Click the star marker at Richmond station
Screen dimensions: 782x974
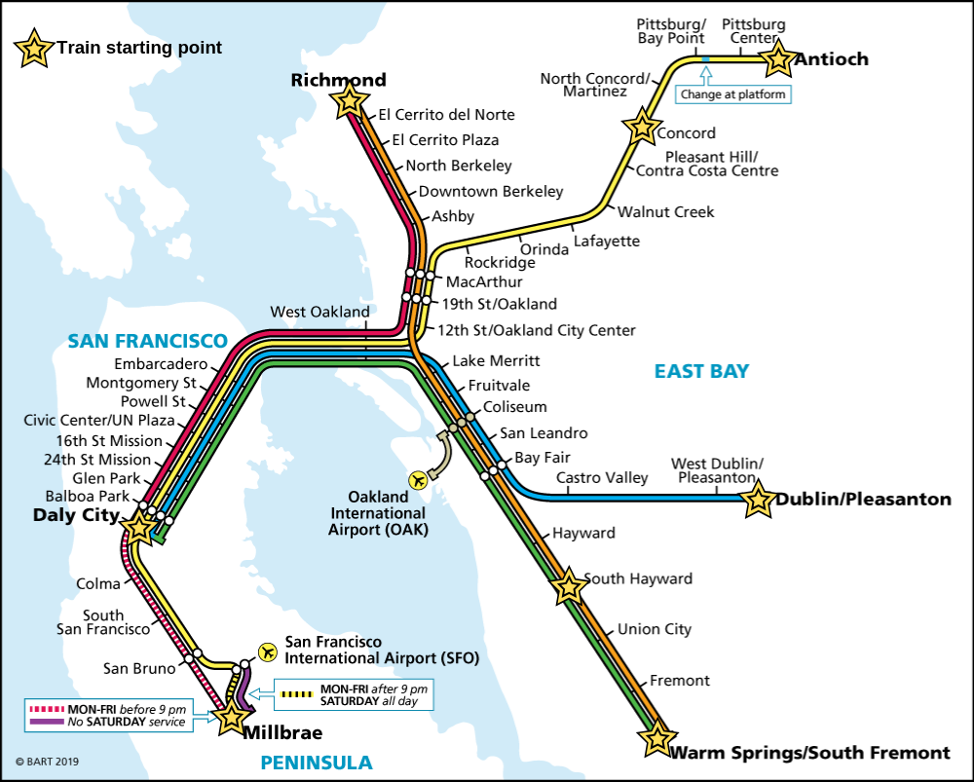pos(349,100)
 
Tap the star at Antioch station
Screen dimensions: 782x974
pos(778,58)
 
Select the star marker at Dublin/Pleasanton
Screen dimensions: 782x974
pos(758,501)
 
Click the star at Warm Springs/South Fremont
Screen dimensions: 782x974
pos(658,737)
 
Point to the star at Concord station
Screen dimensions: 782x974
pos(642,126)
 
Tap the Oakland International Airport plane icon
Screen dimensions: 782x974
pos(419,479)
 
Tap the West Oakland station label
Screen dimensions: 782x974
pos(319,312)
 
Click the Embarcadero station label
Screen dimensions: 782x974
pos(161,364)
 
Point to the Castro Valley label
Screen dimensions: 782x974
pos(601,477)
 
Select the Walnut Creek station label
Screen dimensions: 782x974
pos(665,211)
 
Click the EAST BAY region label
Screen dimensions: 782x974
pos(701,371)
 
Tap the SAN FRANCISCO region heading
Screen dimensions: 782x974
pos(147,342)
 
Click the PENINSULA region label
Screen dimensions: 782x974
pos(317,763)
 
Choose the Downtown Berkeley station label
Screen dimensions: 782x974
pos(491,191)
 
